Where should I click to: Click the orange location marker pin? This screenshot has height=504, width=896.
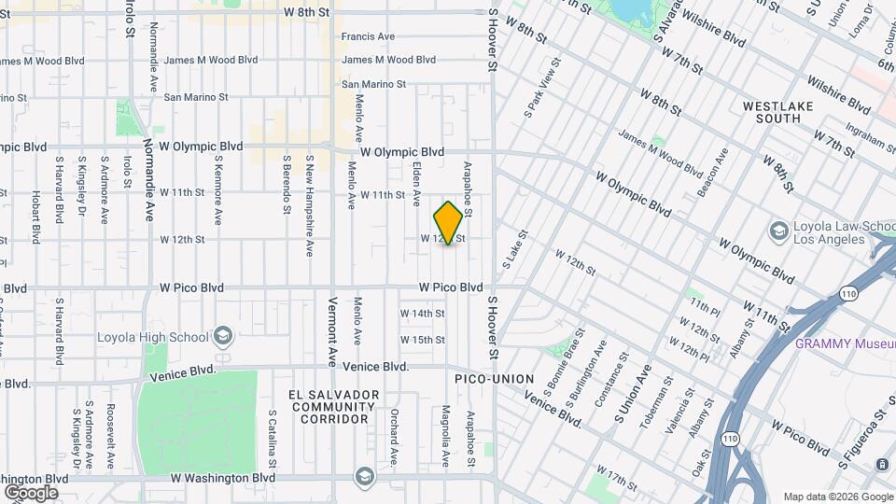(448, 223)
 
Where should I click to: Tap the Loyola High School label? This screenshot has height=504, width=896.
(157, 336)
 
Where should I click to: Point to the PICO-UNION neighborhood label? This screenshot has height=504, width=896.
(494, 379)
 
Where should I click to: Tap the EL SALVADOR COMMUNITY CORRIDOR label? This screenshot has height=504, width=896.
(334, 407)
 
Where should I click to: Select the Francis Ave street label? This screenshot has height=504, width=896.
(368, 37)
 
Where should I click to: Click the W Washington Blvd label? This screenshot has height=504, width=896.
(222, 477)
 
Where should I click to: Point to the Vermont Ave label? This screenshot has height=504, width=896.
(331, 331)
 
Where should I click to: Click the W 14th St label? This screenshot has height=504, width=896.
(423, 313)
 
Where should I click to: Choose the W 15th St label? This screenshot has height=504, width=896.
(423, 340)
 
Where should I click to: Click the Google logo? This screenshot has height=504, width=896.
(31, 492)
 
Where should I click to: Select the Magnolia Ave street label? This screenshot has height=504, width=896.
(446, 435)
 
